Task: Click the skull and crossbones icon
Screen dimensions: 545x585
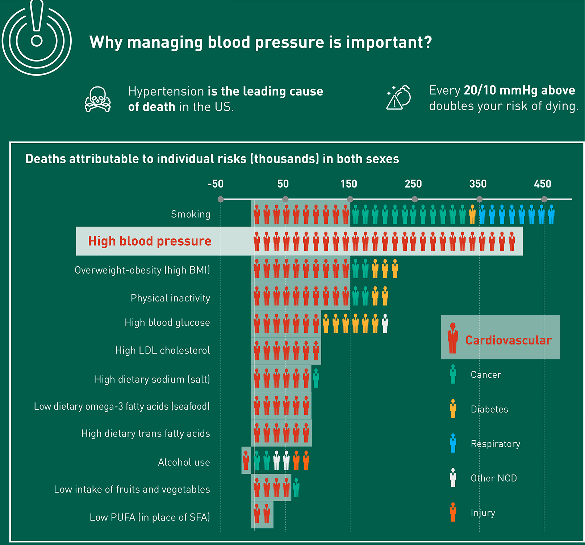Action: point(97,99)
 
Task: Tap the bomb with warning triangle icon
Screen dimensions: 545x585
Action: point(399,98)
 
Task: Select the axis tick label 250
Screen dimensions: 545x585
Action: point(413,184)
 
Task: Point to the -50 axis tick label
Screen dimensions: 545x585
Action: point(216,184)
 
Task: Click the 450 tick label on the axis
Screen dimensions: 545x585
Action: point(543,184)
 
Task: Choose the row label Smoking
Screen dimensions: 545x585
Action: point(191,214)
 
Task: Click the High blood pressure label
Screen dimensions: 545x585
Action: point(150,241)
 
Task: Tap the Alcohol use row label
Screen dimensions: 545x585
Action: point(184,462)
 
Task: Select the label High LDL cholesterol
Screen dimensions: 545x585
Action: point(163,350)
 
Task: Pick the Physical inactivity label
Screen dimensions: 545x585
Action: point(170,298)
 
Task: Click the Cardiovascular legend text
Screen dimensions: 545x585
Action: point(508,340)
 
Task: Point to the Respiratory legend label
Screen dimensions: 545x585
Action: point(495,444)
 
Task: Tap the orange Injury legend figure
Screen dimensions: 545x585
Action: point(453,512)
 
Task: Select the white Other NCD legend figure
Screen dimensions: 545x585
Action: point(453,478)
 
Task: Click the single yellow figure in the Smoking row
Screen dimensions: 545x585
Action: point(472,214)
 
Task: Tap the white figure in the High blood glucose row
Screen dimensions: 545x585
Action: point(385,323)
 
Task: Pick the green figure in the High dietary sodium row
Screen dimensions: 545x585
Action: point(316,379)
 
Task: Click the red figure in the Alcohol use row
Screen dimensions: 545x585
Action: point(246,460)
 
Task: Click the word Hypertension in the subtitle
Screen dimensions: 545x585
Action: point(166,91)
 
